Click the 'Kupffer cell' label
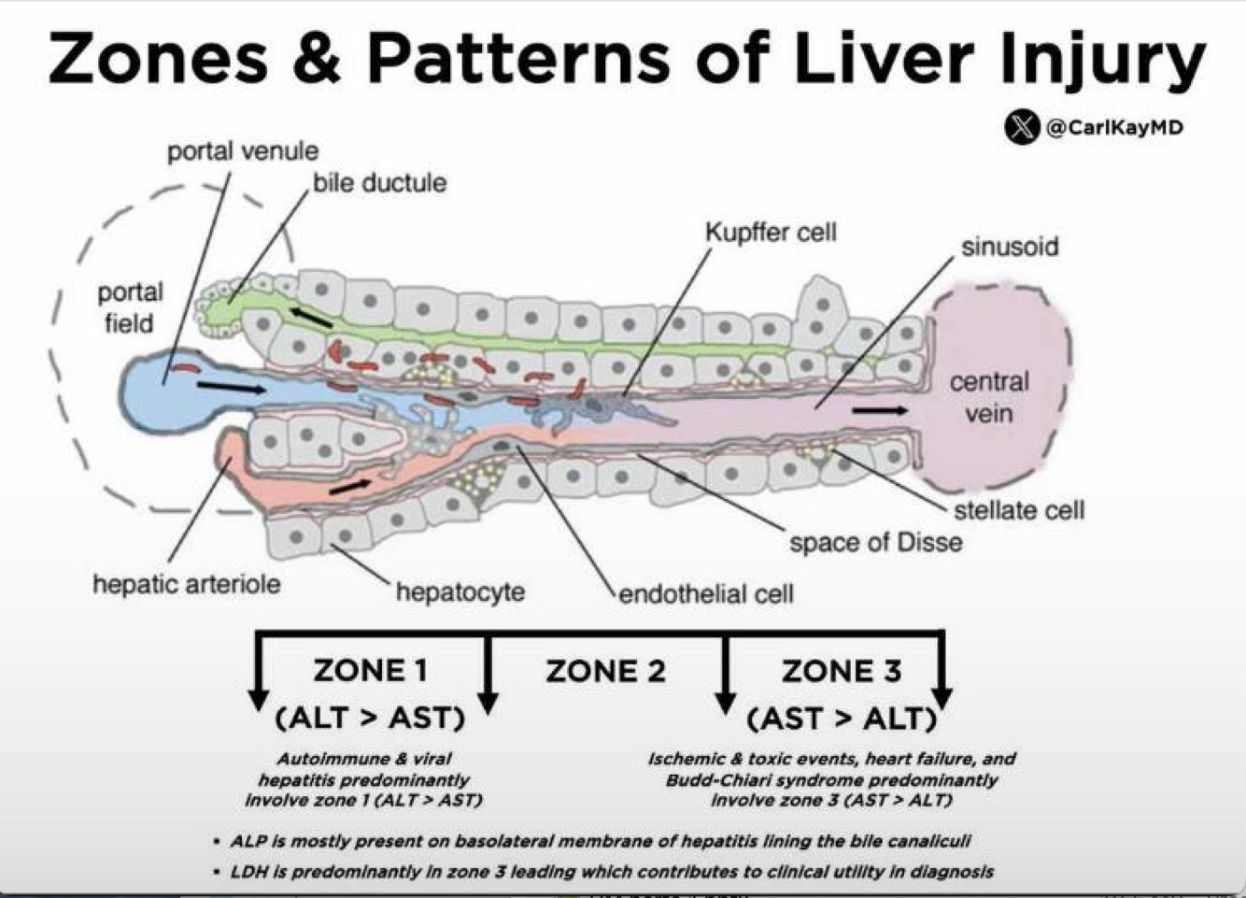tap(771, 233)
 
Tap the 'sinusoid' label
tap(1010, 247)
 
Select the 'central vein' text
tap(989, 397)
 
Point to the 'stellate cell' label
tap(1019, 510)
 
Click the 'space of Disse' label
tap(875, 542)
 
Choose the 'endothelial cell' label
tap(706, 593)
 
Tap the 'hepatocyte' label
tap(460, 592)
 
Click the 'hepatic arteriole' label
tap(186, 584)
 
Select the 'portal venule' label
tap(243, 151)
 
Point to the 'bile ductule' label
tap(379, 182)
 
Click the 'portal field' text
tap(130, 307)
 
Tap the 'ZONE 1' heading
tap(371, 671)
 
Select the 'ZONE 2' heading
tap(605, 671)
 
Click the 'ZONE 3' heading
tap(841, 671)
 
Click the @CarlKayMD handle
tap(1114, 127)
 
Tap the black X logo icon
tap(1022, 127)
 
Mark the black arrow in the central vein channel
tap(879, 410)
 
